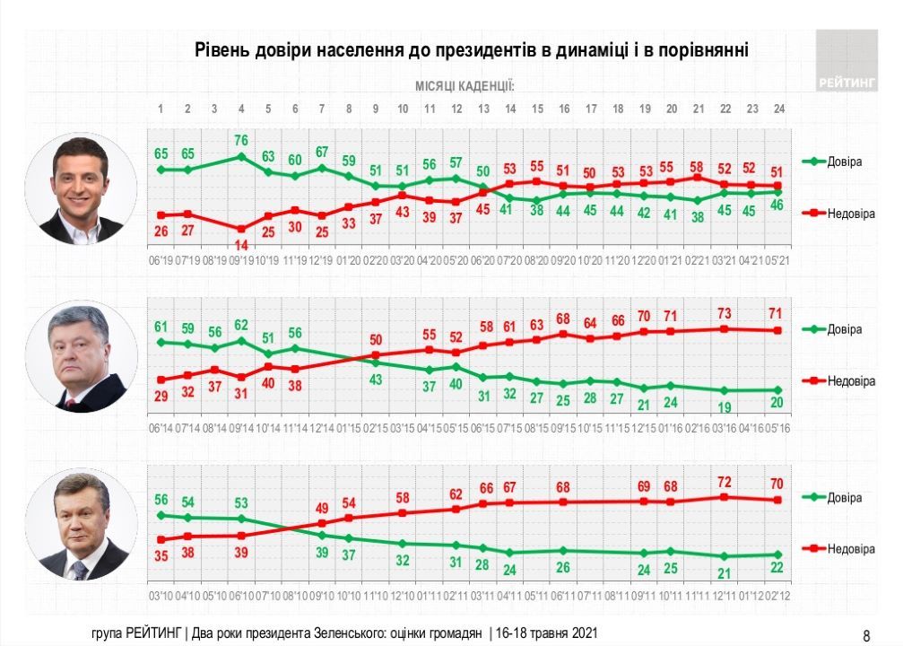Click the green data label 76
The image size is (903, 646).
pos(241,139)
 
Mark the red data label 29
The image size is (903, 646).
pos(161,396)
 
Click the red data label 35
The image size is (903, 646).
pos(161,555)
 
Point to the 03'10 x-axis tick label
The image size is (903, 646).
pos(161,595)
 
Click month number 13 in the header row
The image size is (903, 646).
pos(483,109)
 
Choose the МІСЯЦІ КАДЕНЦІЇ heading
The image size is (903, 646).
pos(465,86)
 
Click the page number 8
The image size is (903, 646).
pos(866,634)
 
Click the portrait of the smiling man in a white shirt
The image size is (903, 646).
pos(81,190)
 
